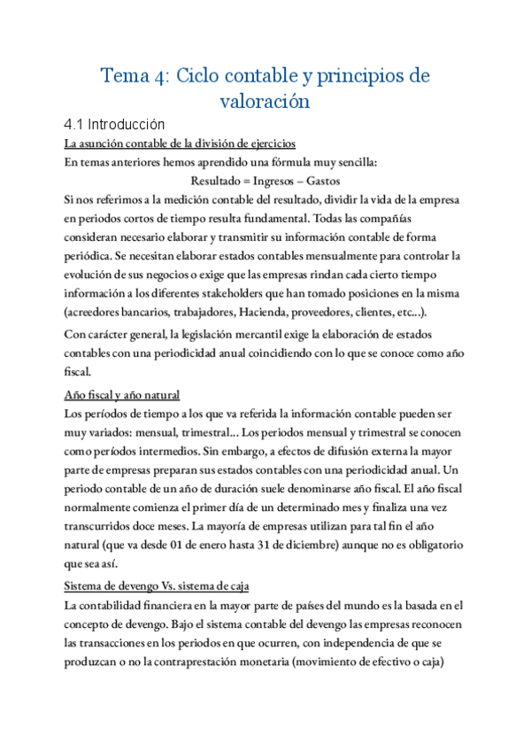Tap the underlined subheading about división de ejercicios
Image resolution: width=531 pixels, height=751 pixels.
[180, 143]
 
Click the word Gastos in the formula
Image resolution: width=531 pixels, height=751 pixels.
[323, 181]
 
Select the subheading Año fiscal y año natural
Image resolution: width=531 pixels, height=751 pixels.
[122, 395]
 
